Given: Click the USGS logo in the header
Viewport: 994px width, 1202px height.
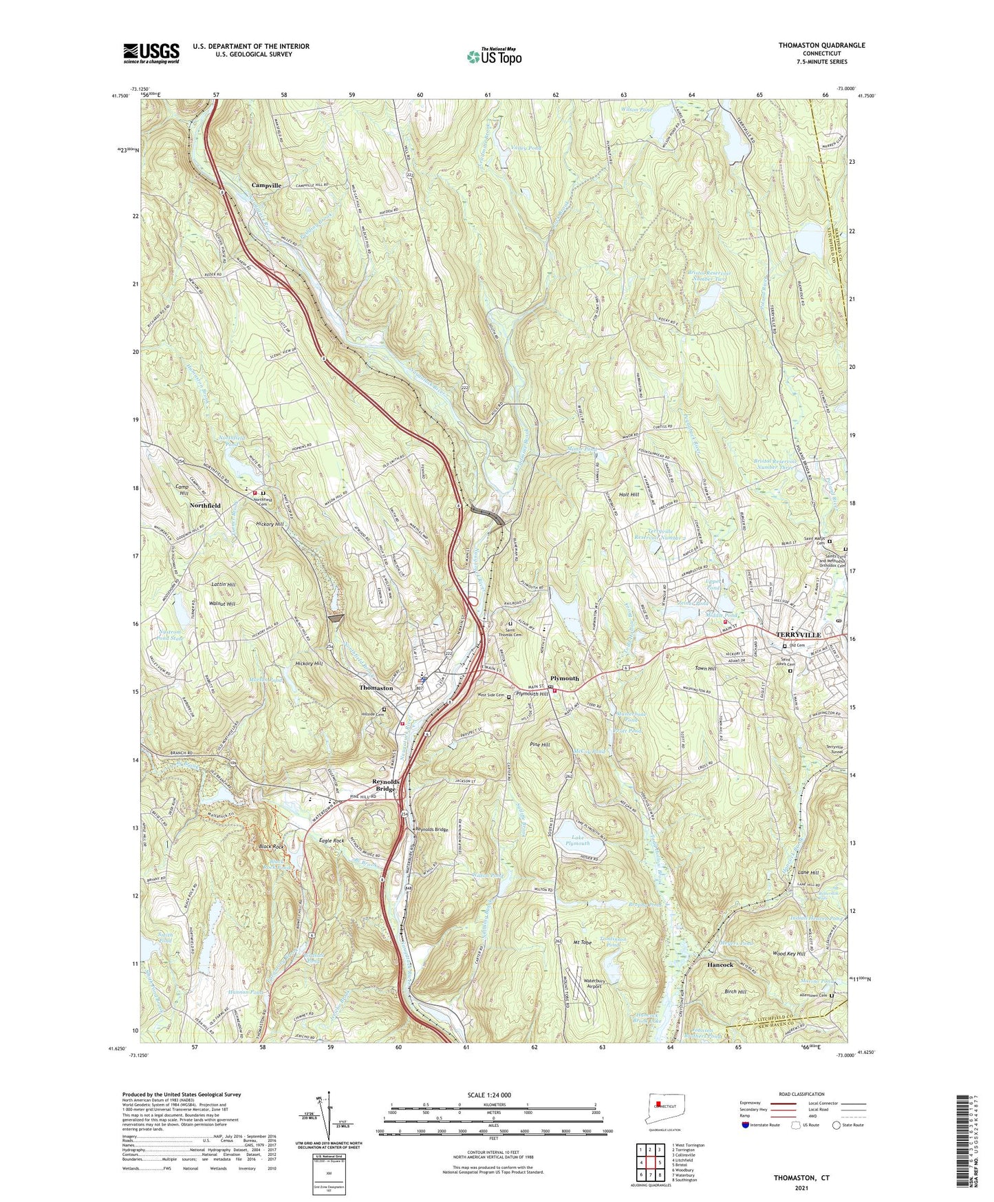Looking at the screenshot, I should coord(151,53).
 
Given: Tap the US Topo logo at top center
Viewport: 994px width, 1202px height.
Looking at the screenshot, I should coord(493,56).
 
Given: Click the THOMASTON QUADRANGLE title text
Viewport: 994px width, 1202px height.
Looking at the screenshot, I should coord(821,45).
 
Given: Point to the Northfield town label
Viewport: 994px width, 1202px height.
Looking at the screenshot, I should coord(205,505).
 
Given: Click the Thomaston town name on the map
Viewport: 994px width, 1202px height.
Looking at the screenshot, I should coord(376,688).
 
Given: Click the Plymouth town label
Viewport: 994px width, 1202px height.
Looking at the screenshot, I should coord(565,678).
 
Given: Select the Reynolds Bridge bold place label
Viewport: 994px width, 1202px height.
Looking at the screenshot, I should coord(386,785).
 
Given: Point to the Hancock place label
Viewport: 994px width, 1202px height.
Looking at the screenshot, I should coord(720,965).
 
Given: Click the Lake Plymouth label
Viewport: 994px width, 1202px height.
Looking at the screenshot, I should coord(577,840).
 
